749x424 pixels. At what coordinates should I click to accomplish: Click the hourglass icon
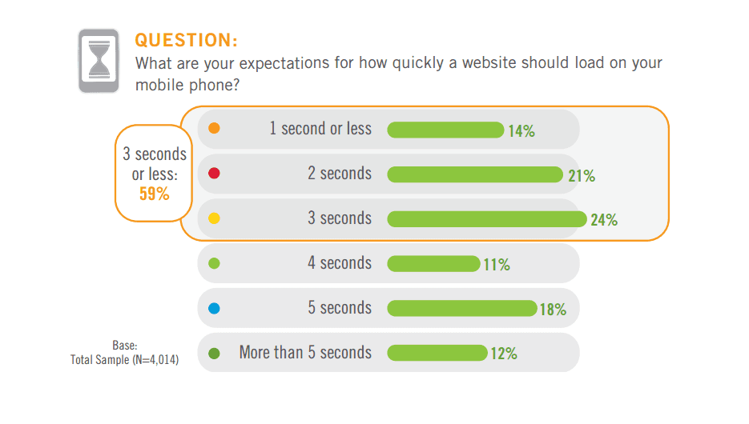[x=99, y=61]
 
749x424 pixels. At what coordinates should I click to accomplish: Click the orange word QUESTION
[x=186, y=41]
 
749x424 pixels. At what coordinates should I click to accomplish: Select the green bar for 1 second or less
[x=445, y=130]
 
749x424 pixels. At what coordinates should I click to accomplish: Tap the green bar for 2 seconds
[x=475, y=174]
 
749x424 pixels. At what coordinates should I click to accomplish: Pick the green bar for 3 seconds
[x=487, y=219]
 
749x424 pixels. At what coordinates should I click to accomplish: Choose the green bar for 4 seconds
[x=433, y=264]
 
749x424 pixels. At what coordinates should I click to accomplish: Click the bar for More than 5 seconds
[x=437, y=353]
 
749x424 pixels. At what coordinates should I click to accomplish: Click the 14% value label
[x=521, y=131]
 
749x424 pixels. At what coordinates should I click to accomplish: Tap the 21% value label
[x=582, y=176]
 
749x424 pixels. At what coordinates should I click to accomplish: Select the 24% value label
[x=604, y=221]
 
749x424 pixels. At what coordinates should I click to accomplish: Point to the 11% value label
[x=497, y=266]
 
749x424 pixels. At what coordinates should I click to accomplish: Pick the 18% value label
[x=553, y=310]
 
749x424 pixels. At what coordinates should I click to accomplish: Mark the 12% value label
[x=504, y=354]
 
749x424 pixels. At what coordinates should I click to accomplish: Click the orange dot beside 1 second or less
[x=214, y=129]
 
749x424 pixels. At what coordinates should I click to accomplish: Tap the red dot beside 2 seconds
[x=214, y=174]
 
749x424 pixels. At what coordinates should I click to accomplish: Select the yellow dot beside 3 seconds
[x=214, y=218]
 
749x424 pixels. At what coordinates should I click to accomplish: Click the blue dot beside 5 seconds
[x=214, y=308]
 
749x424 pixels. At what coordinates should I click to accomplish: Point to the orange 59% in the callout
[x=155, y=193]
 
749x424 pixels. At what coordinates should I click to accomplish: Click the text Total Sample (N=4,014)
[x=125, y=360]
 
